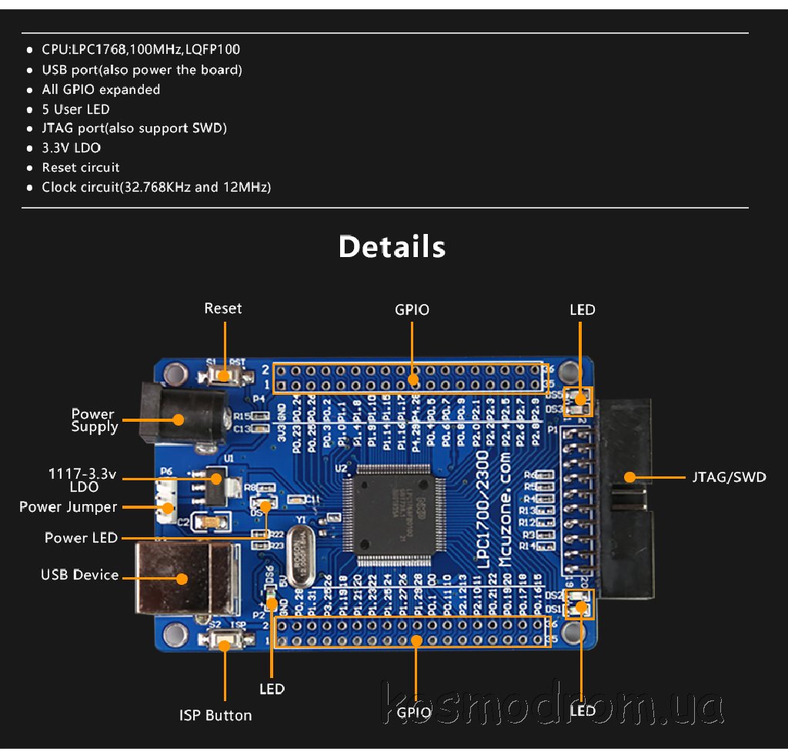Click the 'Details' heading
(x=392, y=246)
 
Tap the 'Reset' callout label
(x=222, y=309)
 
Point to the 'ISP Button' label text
(x=215, y=715)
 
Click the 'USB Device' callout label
(x=79, y=575)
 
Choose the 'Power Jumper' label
(x=68, y=506)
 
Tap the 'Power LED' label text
(x=81, y=537)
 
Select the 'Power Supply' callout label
(x=94, y=420)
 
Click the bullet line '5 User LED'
(x=75, y=109)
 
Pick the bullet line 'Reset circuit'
(x=81, y=167)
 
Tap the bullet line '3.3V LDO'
(x=71, y=148)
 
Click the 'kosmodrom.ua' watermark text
(x=553, y=705)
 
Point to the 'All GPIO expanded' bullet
(x=101, y=89)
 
